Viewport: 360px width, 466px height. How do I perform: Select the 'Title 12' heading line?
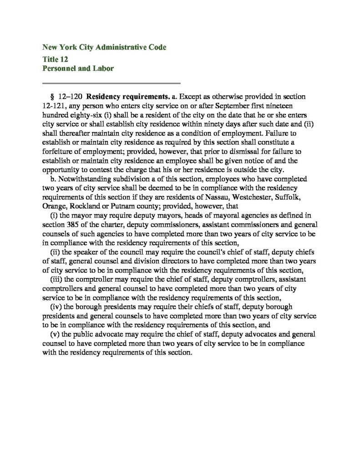click(x=55, y=59)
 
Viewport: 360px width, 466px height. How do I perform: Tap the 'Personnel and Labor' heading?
click(x=78, y=69)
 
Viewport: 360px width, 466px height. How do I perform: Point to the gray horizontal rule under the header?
click(x=112, y=84)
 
